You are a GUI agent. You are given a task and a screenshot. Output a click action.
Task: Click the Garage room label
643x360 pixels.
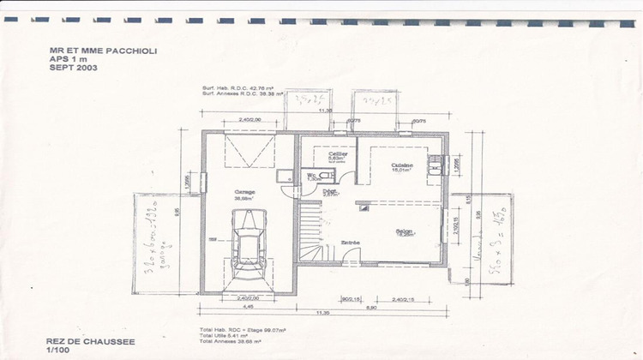(244, 192)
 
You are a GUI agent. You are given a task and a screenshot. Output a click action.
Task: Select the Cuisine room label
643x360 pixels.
(402, 165)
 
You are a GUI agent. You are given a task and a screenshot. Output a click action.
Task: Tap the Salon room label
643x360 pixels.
(405, 231)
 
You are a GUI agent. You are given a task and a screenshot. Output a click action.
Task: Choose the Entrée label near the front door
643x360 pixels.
(350, 243)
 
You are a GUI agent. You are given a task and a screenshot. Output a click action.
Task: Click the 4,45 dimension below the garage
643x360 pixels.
(247, 305)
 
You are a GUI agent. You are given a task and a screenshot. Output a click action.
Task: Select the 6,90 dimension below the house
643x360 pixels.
(372, 305)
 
